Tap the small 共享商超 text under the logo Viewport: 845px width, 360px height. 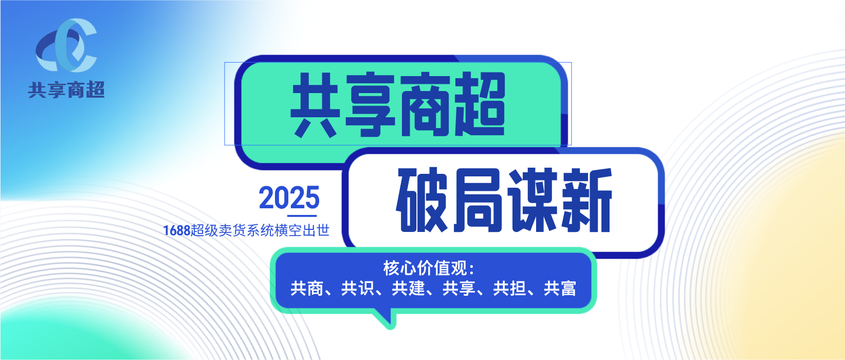pyautogui.click(x=66, y=90)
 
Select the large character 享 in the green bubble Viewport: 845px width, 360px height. pyautogui.click(x=370, y=104)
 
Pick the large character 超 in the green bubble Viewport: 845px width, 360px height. pyautogui.click(x=480, y=104)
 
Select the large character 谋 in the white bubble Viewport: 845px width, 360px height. pyautogui.click(x=532, y=200)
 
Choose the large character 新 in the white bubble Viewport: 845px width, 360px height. pyautogui.click(x=587, y=200)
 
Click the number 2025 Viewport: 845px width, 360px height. pyautogui.click(x=289, y=197)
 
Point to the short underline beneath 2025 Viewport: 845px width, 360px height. pyautogui.click(x=302, y=216)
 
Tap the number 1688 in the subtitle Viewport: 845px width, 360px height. pyautogui.click(x=176, y=230)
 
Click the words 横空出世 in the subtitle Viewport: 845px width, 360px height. pyautogui.click(x=302, y=230)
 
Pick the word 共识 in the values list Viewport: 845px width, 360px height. pyautogui.click(x=357, y=289)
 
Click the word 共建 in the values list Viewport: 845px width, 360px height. pyautogui.click(x=408, y=289)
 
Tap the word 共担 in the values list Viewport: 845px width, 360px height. pyautogui.click(x=509, y=289)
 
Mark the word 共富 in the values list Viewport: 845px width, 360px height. pyautogui.click(x=560, y=289)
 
